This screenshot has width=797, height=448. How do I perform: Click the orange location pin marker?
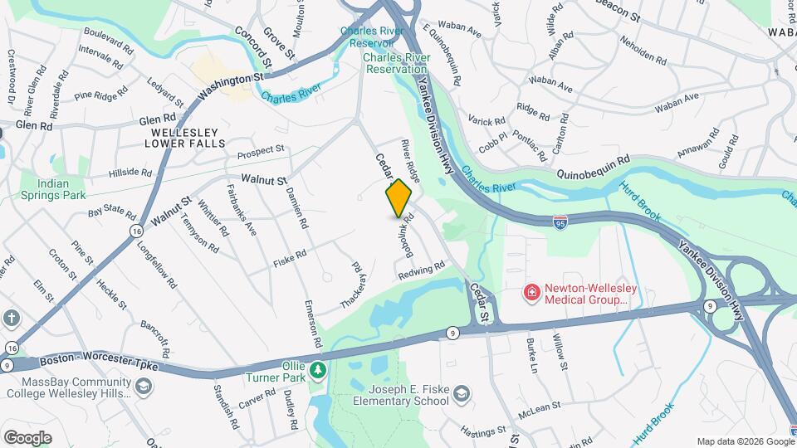tap(398, 198)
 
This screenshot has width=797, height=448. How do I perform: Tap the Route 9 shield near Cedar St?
tap(452, 333)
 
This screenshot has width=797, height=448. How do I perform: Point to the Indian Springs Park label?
tap(63, 189)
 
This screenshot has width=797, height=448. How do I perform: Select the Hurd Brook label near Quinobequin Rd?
tap(638, 203)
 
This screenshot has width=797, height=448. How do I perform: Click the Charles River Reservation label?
tap(395, 64)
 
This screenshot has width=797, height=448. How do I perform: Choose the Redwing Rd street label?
tap(422, 270)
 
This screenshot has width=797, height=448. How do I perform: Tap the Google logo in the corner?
tap(27, 437)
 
